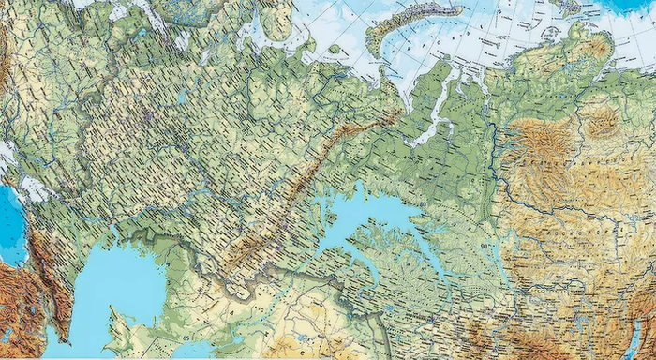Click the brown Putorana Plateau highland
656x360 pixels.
point(539,145)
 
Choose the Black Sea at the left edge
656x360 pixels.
point(11,225)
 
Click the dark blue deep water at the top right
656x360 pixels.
point(637,7)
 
